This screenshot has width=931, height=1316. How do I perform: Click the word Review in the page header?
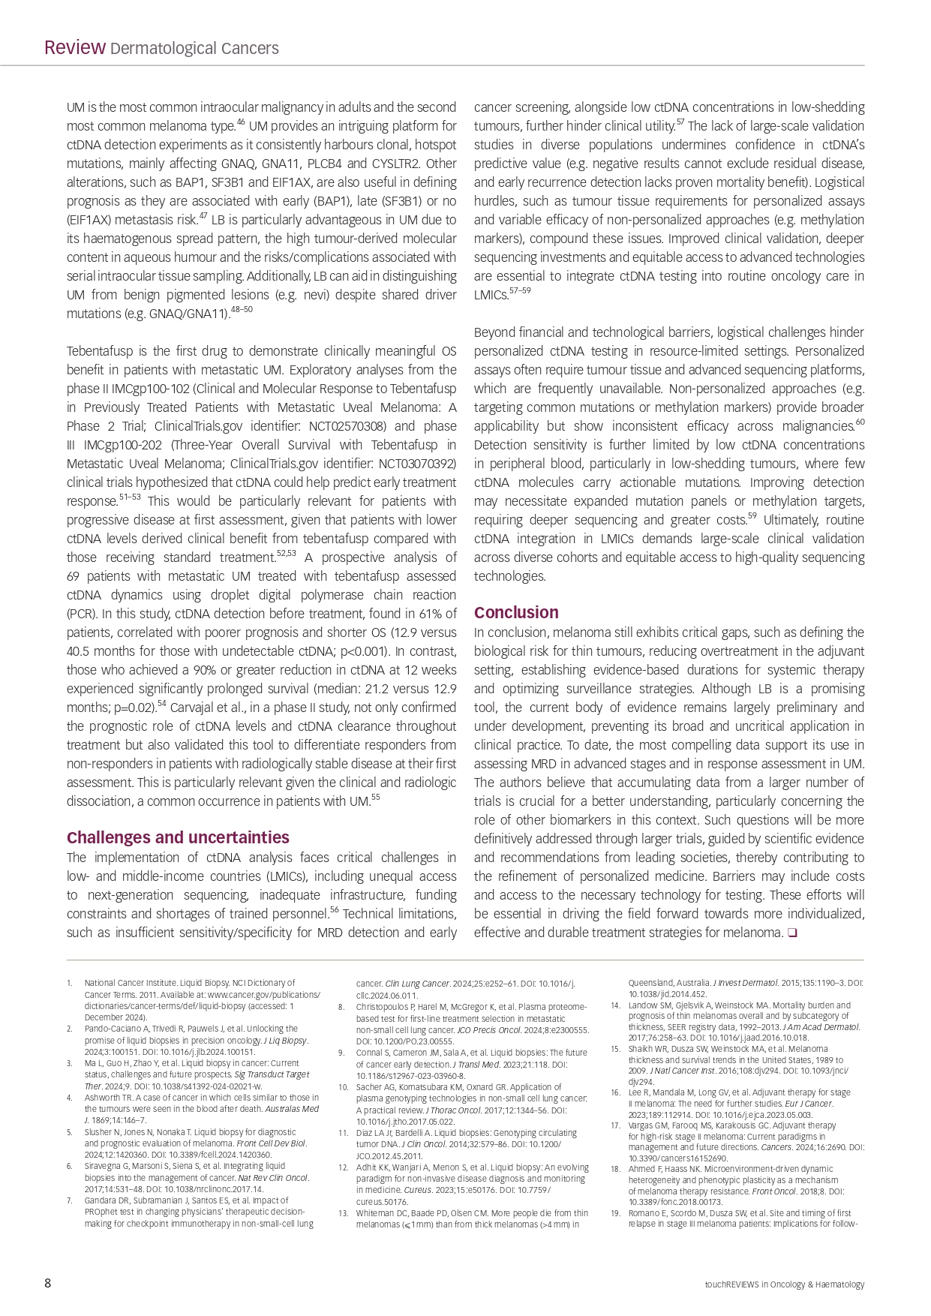tap(74, 48)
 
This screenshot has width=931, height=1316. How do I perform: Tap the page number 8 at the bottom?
tap(48, 1284)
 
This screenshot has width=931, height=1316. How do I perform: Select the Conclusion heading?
tap(516, 612)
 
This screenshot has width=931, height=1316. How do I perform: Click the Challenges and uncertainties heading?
tap(178, 837)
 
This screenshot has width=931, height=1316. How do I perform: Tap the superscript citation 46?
tap(241, 122)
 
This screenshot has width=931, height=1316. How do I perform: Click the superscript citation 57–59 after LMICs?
tap(520, 291)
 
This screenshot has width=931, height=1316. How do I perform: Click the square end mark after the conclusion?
tap(792, 933)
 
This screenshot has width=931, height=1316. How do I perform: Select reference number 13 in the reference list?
tap(343, 1213)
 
